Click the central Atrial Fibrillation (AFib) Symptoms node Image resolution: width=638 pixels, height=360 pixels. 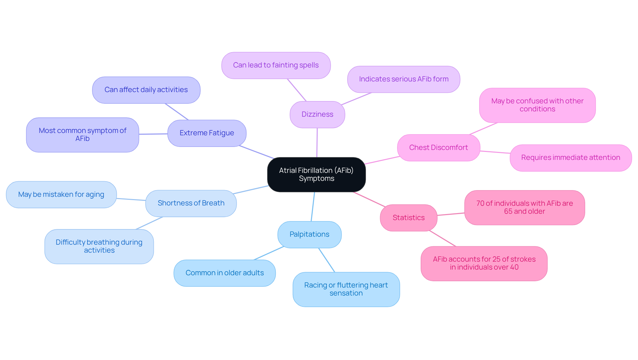[316, 175]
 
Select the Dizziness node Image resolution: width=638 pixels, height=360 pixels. [317, 114]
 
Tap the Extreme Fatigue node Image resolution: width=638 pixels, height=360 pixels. [207, 133]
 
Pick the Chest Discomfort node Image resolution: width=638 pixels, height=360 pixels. [438, 148]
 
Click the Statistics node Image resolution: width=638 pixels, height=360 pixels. [408, 218]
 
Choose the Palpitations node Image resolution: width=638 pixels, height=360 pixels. [309, 234]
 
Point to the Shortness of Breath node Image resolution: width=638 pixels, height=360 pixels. [191, 203]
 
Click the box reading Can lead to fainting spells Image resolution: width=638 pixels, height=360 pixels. [276, 65]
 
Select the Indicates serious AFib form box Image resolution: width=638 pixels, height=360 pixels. [403, 79]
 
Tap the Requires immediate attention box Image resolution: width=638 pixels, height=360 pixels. [571, 158]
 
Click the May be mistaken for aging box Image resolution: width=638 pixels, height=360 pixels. [61, 194]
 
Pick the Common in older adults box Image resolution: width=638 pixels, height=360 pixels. [225, 273]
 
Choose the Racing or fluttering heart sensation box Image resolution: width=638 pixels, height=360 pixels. [346, 289]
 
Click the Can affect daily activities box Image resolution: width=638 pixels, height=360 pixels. [146, 90]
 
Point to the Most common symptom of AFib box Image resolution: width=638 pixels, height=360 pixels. [82, 135]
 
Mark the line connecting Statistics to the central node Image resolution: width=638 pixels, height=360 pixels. [369, 199]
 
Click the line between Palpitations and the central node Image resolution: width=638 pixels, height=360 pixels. [313, 206]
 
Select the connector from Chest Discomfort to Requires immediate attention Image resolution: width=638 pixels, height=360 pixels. [495, 152]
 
